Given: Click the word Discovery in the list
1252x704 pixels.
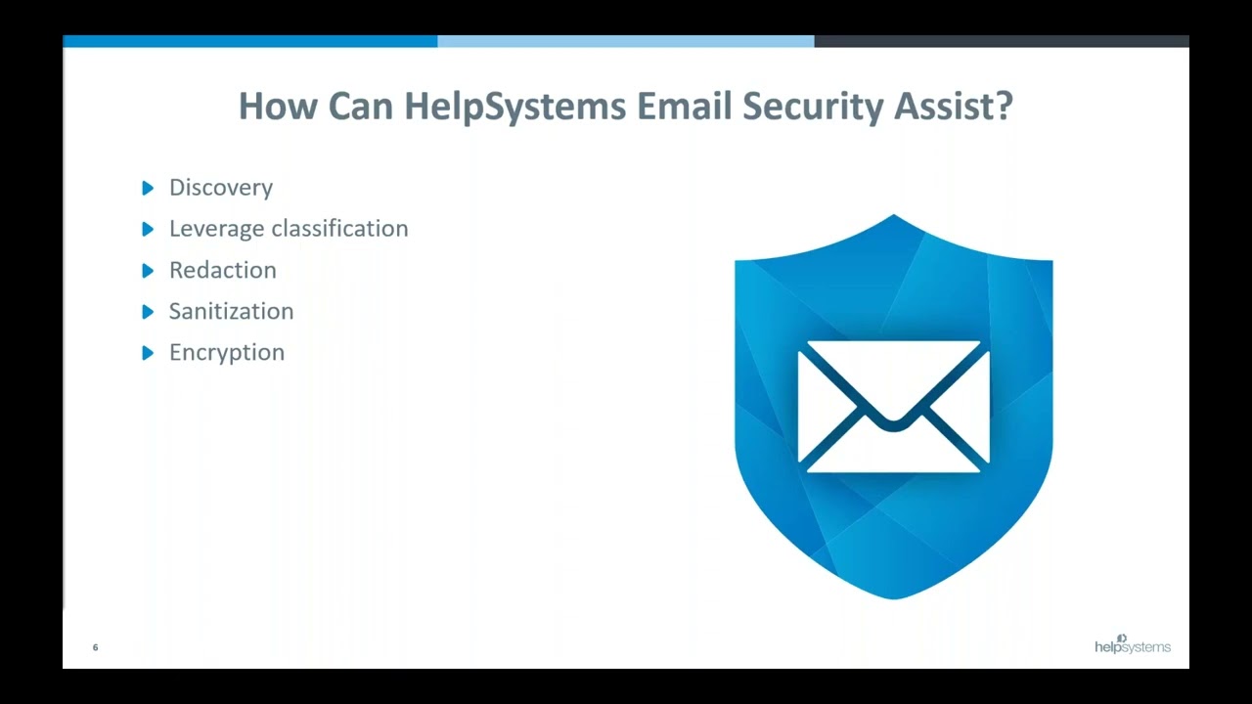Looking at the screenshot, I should [x=221, y=188].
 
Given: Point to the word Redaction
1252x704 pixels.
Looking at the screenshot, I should [x=223, y=270].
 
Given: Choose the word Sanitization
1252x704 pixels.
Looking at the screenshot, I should [x=231, y=311].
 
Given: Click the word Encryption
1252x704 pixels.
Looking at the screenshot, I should [x=227, y=352].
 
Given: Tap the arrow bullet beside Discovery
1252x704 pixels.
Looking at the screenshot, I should [x=148, y=188].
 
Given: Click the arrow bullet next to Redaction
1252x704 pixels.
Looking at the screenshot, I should [x=148, y=270].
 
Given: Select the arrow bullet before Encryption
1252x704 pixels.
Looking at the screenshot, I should [x=148, y=352].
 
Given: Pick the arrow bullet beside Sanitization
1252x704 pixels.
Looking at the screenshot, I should [x=148, y=311].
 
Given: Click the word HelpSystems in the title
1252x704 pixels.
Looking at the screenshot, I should [x=514, y=106].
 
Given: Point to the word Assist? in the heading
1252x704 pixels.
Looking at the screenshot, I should [x=954, y=106].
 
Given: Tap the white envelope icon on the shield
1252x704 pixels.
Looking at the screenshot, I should [x=894, y=407].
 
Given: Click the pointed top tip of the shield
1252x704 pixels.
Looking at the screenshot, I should [x=894, y=217].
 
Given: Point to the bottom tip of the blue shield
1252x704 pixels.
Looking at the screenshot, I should [x=894, y=595].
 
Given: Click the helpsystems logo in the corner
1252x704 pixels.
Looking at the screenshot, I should [x=1132, y=645].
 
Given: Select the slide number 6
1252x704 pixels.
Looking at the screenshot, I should [x=95, y=647].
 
